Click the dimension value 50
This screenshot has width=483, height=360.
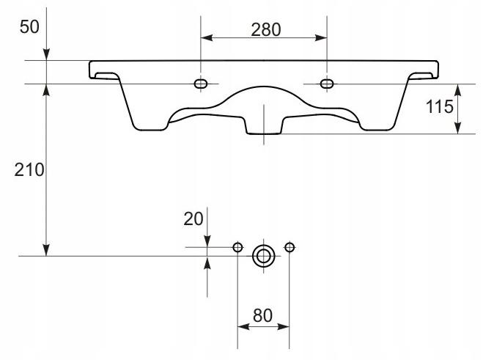coord(29,26)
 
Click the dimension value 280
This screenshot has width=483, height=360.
coord(266,30)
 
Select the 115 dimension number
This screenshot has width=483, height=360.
coord(440,106)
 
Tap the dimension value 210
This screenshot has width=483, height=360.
coord(29,170)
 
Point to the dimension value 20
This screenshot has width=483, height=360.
coord(193,218)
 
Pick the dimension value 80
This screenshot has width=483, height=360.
coord(262,315)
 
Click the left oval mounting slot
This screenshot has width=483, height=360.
coord(201,84)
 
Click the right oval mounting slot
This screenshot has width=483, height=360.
coord(327,84)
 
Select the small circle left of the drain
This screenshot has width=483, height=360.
coord(237,247)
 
